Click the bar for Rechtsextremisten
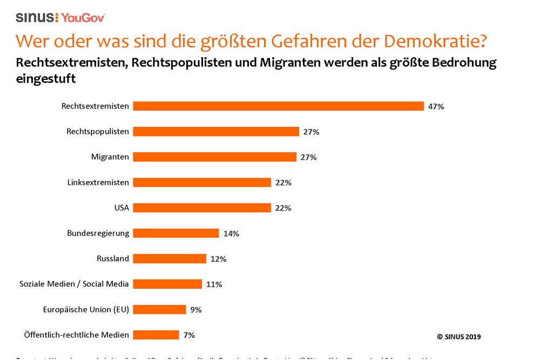[x=278, y=106]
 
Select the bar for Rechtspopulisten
[x=216, y=132]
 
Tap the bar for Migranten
[x=214, y=157]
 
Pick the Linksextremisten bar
[x=202, y=182]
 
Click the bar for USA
[x=202, y=208]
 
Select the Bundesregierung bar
[x=176, y=233]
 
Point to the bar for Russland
[x=170, y=259]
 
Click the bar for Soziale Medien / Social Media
[x=167, y=284]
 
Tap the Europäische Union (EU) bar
[x=159, y=309]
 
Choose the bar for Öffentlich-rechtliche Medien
[x=156, y=335]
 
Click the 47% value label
[x=436, y=107]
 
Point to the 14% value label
[x=231, y=234]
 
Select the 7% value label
[x=189, y=335]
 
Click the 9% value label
[x=195, y=310]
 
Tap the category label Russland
[x=113, y=259]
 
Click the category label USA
[x=121, y=208]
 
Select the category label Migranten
[x=110, y=157]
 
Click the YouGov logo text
[x=83, y=17]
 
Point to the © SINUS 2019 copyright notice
[x=458, y=337]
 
